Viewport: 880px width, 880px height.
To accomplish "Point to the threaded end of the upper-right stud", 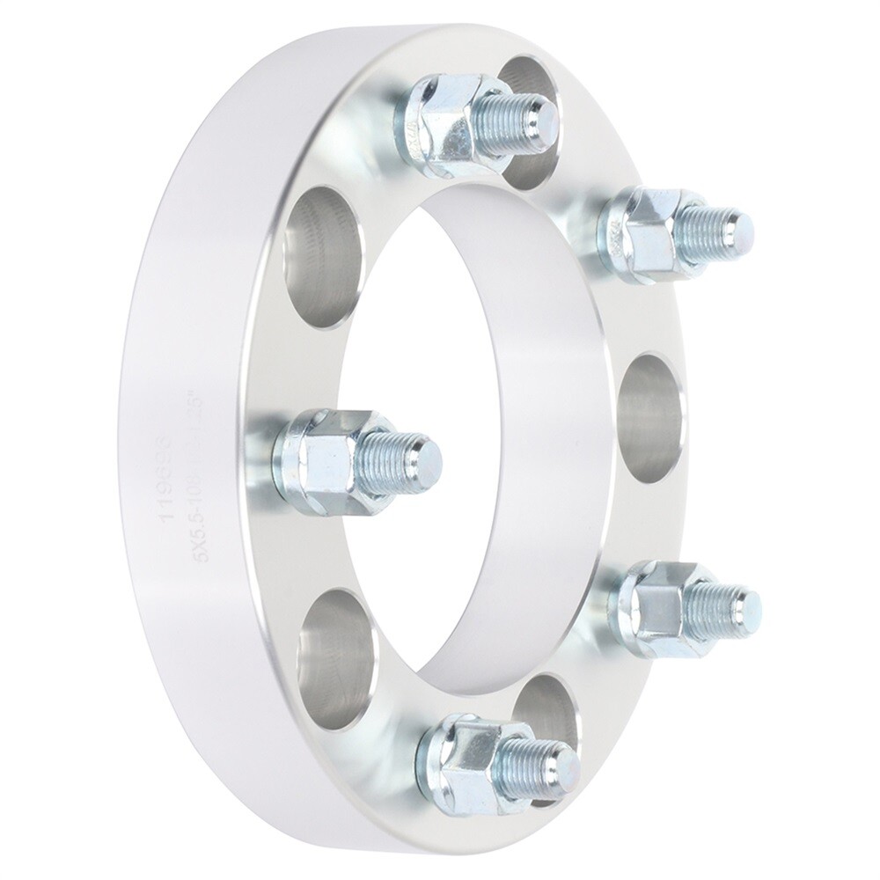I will click(x=722, y=228).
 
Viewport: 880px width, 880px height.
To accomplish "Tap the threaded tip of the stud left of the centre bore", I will click(x=414, y=456).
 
